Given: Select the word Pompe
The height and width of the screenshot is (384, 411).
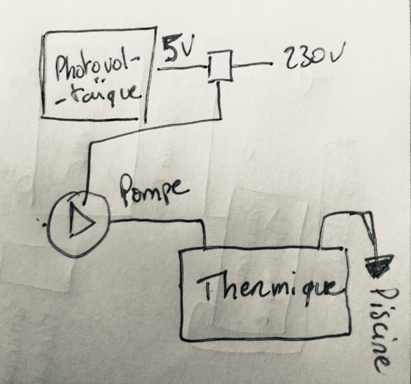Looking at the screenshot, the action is [155, 191].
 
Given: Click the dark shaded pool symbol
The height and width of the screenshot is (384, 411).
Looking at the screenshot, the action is [378, 264].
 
